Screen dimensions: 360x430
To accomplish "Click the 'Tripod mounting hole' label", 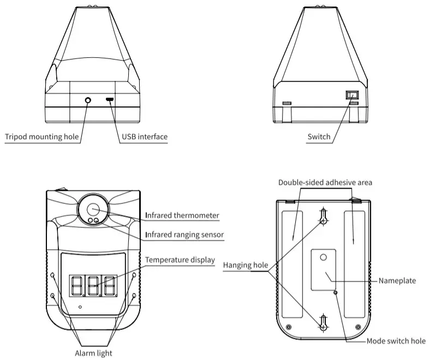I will pyautogui.click(x=41, y=137).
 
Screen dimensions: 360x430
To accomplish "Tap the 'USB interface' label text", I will pyautogui.click(x=144, y=137).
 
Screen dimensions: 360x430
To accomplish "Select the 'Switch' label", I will pyautogui.click(x=319, y=137).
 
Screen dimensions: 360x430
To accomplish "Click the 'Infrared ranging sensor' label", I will pyautogui.click(x=184, y=235).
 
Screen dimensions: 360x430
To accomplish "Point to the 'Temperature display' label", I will pyautogui.click(x=180, y=260).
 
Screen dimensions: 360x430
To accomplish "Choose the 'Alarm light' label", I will pyautogui.click(x=93, y=353).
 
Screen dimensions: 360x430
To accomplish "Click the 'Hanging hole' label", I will pyautogui.click(x=245, y=266).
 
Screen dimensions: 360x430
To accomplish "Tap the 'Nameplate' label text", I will pyautogui.click(x=397, y=281).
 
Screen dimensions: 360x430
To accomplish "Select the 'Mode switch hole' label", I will pyautogui.click(x=396, y=341).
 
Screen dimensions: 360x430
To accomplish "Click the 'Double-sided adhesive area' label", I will pyautogui.click(x=325, y=182).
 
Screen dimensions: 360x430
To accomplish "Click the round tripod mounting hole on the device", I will pyautogui.click(x=88, y=100).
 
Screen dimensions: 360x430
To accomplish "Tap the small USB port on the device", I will pyautogui.click(x=109, y=100).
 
